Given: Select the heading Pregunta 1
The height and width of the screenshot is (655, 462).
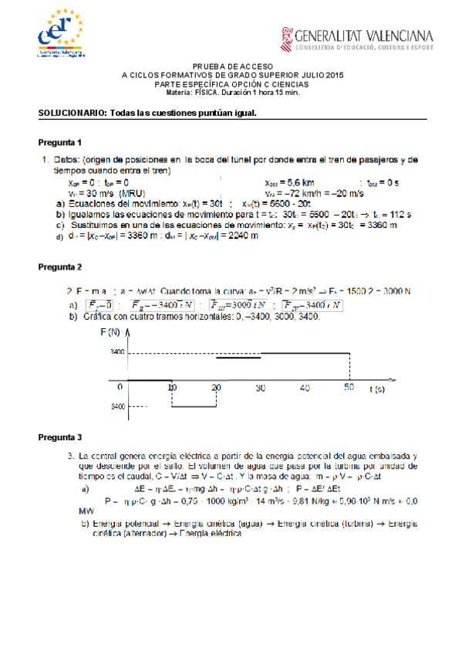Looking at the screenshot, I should [x=60, y=144].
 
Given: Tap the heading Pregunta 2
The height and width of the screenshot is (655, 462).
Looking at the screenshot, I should [x=60, y=266].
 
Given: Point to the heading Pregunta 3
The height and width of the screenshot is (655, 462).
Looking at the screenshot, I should [x=60, y=438].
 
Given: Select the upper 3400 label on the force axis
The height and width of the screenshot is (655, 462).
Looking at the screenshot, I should [x=117, y=351].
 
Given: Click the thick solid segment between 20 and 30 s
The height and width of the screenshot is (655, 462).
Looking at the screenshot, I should [x=238, y=358].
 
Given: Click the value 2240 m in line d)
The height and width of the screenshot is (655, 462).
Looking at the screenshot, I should [x=241, y=236].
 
